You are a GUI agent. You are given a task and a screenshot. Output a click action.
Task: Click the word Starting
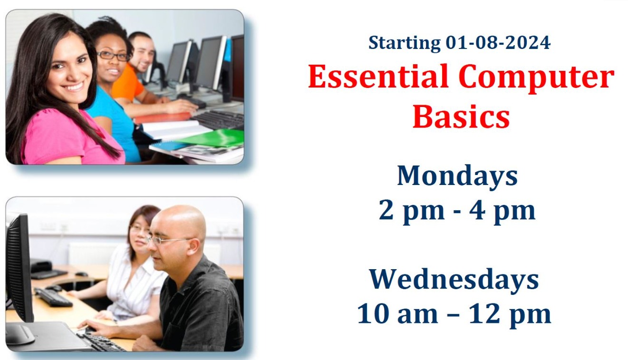pos(404,43)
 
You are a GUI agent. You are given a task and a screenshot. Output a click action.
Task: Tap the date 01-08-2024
pos(498,43)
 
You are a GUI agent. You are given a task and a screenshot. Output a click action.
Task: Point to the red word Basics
pos(461,117)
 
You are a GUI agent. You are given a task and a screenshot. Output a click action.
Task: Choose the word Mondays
pos(457,176)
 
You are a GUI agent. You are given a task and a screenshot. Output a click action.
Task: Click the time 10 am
pos(397,314)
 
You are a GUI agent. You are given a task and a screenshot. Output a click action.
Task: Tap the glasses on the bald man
pos(168,240)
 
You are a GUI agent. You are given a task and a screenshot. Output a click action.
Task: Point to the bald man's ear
pos(194,246)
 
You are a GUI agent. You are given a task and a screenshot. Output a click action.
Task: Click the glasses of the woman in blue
pos(113,56)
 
